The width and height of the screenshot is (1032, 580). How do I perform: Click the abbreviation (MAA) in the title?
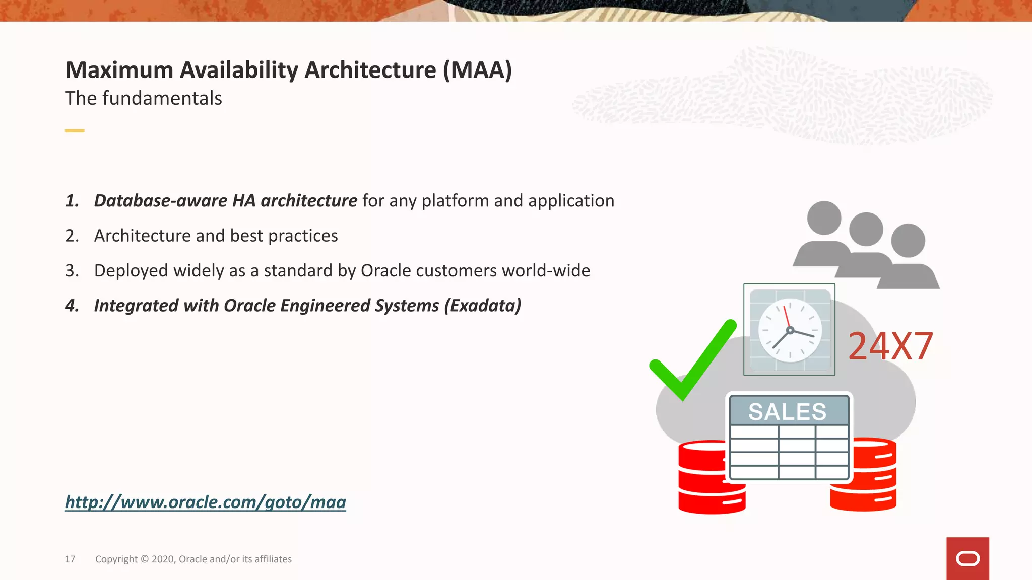(477, 70)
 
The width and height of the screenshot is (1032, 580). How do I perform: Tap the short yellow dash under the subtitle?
(75, 131)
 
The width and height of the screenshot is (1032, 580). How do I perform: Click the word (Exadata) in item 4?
(482, 306)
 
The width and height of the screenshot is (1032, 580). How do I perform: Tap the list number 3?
(72, 271)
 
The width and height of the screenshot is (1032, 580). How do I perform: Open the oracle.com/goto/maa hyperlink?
(206, 502)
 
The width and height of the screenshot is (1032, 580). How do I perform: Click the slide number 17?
(70, 559)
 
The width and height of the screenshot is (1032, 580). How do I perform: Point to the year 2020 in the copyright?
(163, 559)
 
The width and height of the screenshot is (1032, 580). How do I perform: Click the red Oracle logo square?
(967, 558)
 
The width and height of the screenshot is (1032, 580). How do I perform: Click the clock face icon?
(790, 330)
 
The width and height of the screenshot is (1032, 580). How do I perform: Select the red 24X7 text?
(890, 346)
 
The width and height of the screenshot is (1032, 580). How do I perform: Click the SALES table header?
(788, 411)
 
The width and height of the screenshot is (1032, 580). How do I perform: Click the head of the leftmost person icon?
(824, 218)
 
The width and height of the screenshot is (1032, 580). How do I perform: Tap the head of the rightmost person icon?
(908, 240)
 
